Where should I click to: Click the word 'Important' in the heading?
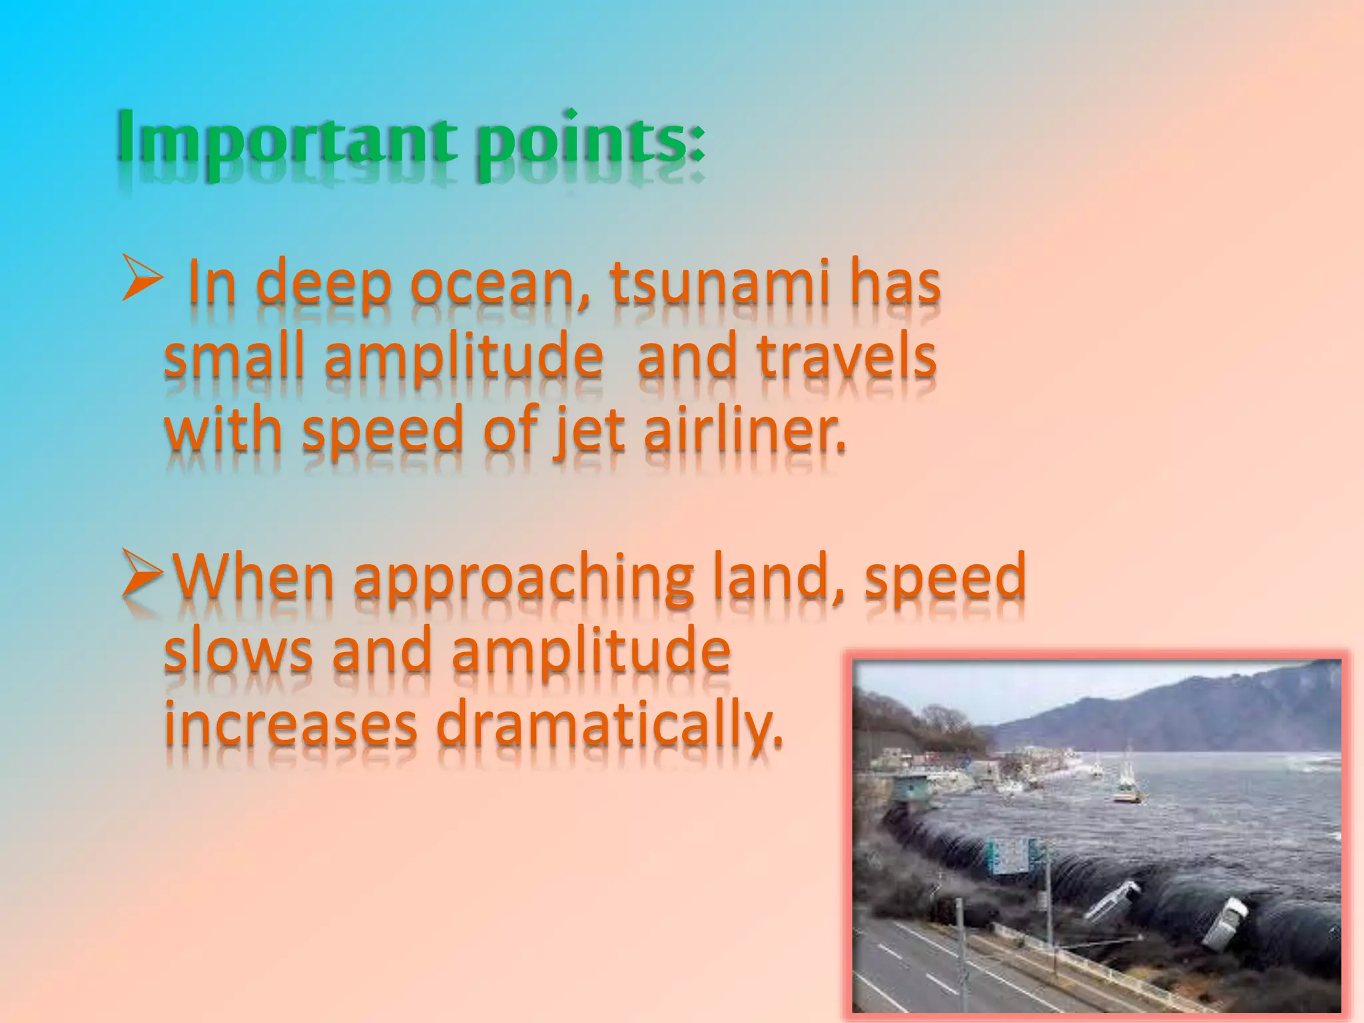[x=286, y=137]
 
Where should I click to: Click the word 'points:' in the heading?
[x=589, y=140]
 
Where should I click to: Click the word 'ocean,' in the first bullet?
[x=500, y=285]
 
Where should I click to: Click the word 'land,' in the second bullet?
[x=779, y=577]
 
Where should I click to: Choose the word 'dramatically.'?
[x=609, y=726]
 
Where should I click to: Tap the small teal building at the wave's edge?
[x=910, y=791]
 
